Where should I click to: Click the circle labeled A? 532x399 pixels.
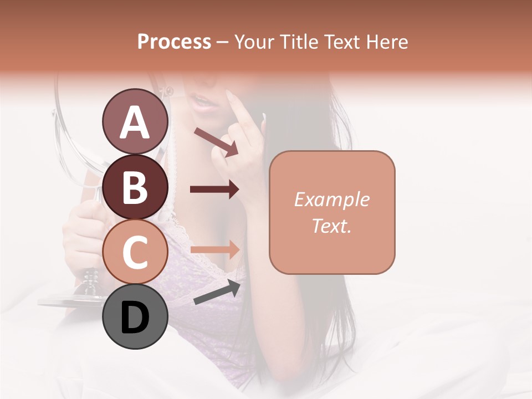135,121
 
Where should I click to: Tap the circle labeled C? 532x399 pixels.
135,252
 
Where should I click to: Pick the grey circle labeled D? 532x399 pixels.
135,316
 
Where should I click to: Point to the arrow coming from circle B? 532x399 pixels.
214,190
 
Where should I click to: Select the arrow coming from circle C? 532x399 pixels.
214,250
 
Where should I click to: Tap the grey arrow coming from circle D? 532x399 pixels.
217,292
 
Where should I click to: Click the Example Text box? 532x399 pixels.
332,212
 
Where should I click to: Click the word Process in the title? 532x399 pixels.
174,42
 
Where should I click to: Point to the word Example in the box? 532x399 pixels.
332,199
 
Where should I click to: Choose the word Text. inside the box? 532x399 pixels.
332,226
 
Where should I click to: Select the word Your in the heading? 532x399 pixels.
253,42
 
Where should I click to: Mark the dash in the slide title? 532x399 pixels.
223,42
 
